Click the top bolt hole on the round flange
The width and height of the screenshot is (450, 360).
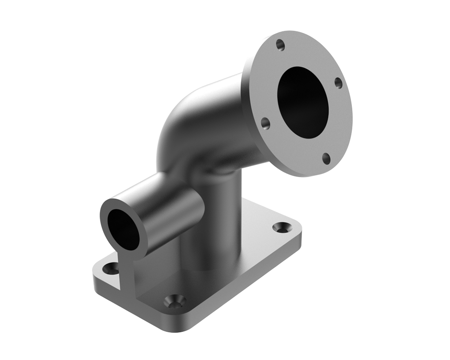coord(280,45)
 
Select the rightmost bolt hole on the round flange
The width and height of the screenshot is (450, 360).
coord(338,82)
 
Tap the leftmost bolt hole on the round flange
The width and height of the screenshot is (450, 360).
coord(265,124)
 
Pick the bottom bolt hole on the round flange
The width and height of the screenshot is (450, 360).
coord(326,158)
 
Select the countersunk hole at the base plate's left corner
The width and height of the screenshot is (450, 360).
coord(110,268)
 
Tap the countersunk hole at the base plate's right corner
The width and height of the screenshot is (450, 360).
coord(281,227)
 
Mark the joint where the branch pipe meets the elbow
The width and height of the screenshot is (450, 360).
coord(198,176)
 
